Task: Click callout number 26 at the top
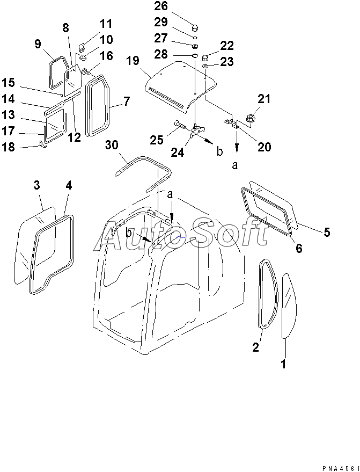(160, 7)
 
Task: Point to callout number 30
(111, 145)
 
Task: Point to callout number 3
(36, 186)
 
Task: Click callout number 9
(38, 45)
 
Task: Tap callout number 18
(9, 146)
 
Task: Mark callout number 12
(74, 137)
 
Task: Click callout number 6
(299, 248)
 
